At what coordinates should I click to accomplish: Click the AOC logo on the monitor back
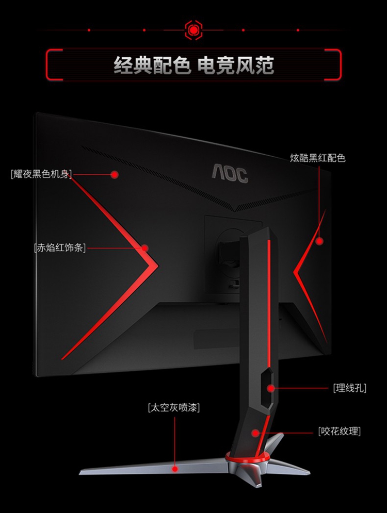coord(230,173)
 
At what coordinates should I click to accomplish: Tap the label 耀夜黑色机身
coord(41,173)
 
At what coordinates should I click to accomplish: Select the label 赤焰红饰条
coord(59,247)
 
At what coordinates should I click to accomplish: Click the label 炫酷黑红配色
coord(317,158)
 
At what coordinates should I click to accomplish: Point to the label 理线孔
coord(349,388)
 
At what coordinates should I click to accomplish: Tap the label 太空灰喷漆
coord(174,407)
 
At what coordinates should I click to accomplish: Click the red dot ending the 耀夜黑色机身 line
coord(115,174)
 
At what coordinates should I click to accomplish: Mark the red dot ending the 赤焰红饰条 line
coord(145,248)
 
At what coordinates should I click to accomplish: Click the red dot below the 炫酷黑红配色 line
coord(319,240)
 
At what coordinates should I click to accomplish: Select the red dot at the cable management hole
coord(270,388)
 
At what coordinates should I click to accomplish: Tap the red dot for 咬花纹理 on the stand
coord(255,432)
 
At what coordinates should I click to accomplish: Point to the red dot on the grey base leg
coord(175,469)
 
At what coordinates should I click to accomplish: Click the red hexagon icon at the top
coord(193,30)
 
